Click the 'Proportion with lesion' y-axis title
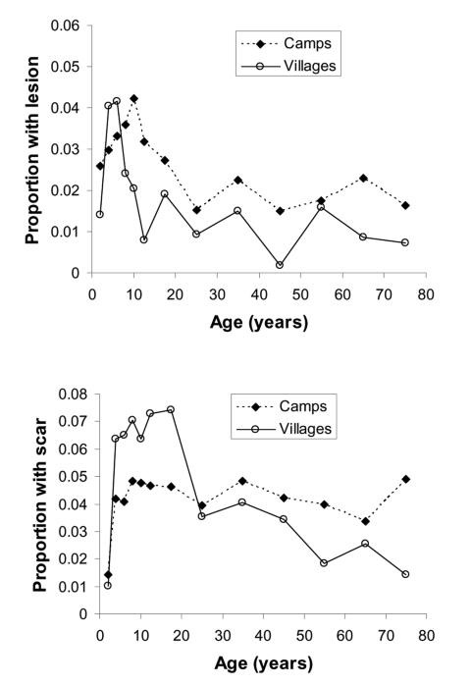coord(32,149)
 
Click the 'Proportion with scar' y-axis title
coord(39,502)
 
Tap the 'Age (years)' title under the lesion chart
coord(259,323)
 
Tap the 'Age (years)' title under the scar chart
coord(259,663)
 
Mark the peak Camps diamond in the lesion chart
coord(133,99)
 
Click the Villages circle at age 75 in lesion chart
coord(404,242)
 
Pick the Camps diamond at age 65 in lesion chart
coord(363,178)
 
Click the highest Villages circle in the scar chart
coord(170,409)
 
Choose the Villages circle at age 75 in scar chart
coord(404,574)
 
